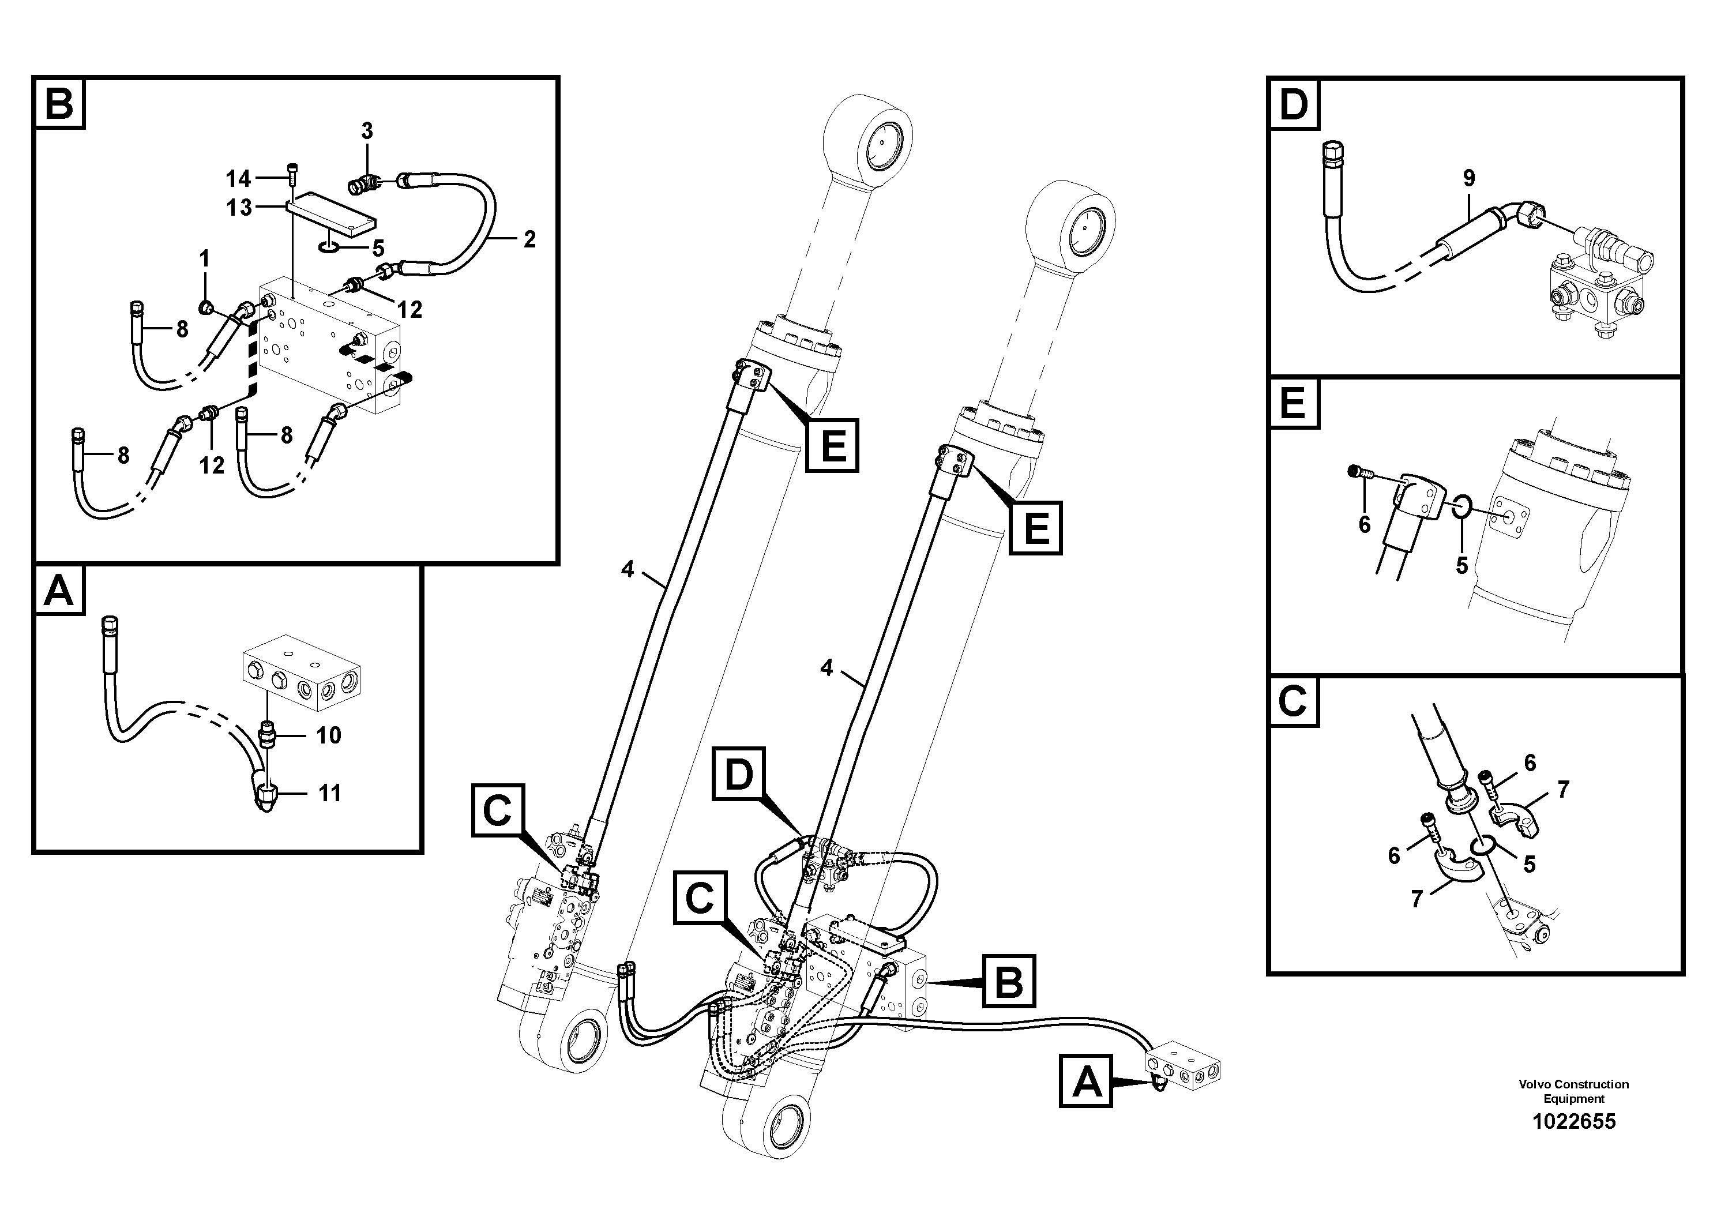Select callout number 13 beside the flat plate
pyautogui.click(x=239, y=207)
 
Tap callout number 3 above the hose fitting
pyautogui.click(x=366, y=132)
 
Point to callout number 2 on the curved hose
pyautogui.click(x=529, y=239)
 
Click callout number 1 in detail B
pyautogui.click(x=204, y=260)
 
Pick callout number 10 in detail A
pyautogui.click(x=328, y=735)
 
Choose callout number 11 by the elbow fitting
pyautogui.click(x=330, y=793)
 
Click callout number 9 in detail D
pyautogui.click(x=1469, y=179)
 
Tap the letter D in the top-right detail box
pyautogui.click(x=1294, y=105)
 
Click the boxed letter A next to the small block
pyautogui.click(x=1086, y=1081)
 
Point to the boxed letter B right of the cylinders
pyautogui.click(x=1009, y=981)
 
